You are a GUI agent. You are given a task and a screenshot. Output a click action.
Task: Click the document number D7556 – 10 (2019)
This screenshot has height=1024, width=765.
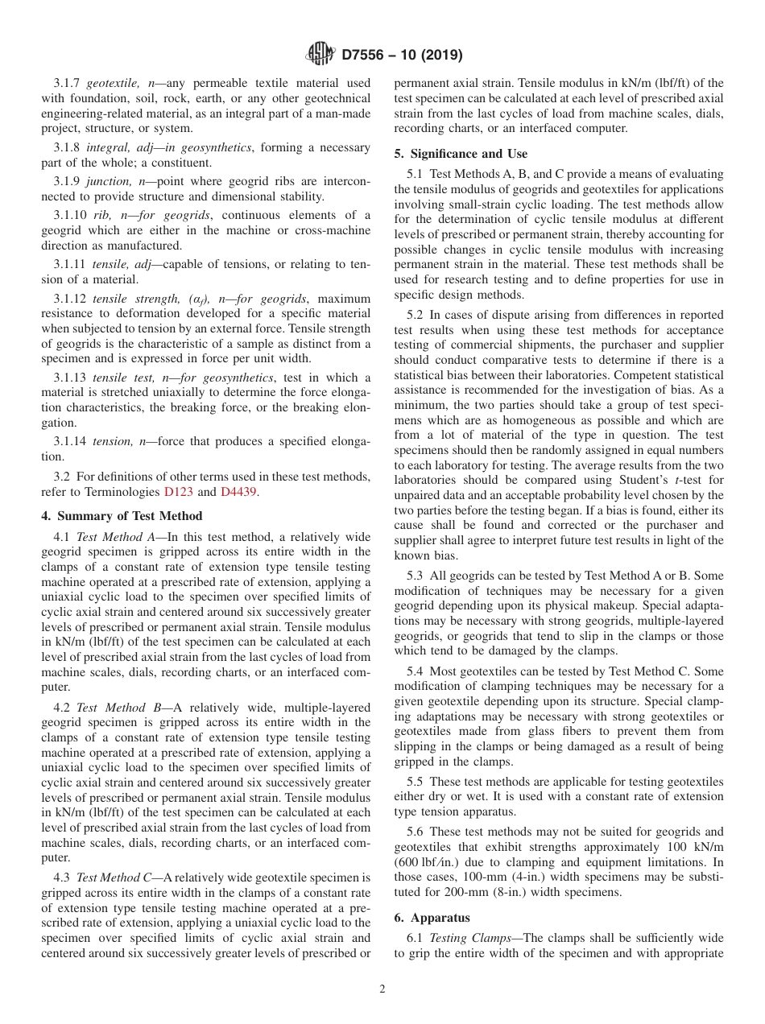pyautogui.click(x=402, y=56)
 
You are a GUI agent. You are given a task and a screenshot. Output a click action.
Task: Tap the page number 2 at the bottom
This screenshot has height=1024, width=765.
pyautogui.click(x=382, y=989)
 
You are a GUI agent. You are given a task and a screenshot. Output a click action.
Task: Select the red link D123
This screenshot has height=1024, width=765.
pyautogui.click(x=178, y=492)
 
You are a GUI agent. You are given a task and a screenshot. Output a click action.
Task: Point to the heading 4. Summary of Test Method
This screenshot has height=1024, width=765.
pyautogui.click(x=122, y=516)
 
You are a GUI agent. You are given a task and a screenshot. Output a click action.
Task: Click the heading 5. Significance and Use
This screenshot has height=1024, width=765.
pyautogui.click(x=461, y=153)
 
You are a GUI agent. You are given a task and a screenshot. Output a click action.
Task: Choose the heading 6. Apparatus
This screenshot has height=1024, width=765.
pyautogui.click(x=432, y=918)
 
